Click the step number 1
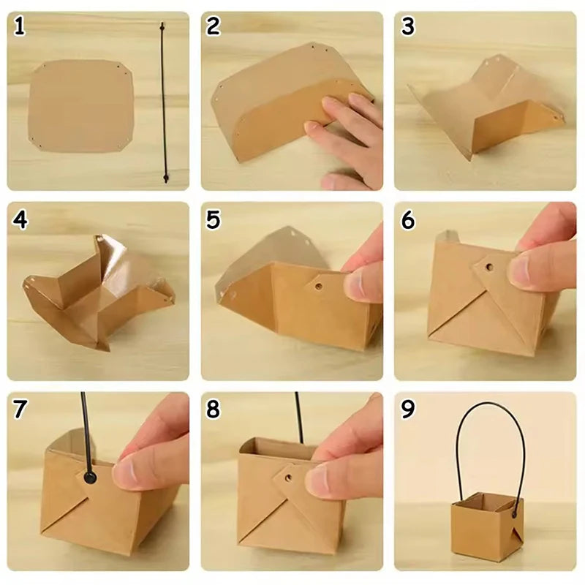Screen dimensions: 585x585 click(20, 26)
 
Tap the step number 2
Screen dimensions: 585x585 click(213, 26)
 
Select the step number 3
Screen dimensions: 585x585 click(408, 26)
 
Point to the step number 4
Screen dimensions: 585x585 click(20, 220)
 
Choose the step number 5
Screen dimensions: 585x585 click(213, 220)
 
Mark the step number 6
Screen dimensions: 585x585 click(408, 220)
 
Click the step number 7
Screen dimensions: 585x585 click(20, 409)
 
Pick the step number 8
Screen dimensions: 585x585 click(213, 409)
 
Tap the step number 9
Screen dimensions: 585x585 click(408, 409)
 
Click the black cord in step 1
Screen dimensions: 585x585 click(164, 102)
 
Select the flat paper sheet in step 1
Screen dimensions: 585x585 click(81, 106)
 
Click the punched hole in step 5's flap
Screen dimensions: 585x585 click(318, 287)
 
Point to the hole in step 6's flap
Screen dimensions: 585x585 click(489, 267)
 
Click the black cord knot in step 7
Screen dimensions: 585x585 click(89, 478)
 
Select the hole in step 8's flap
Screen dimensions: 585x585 click(288, 478)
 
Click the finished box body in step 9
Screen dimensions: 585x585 click(487, 530)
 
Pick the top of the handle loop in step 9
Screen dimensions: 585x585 click(488, 403)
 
